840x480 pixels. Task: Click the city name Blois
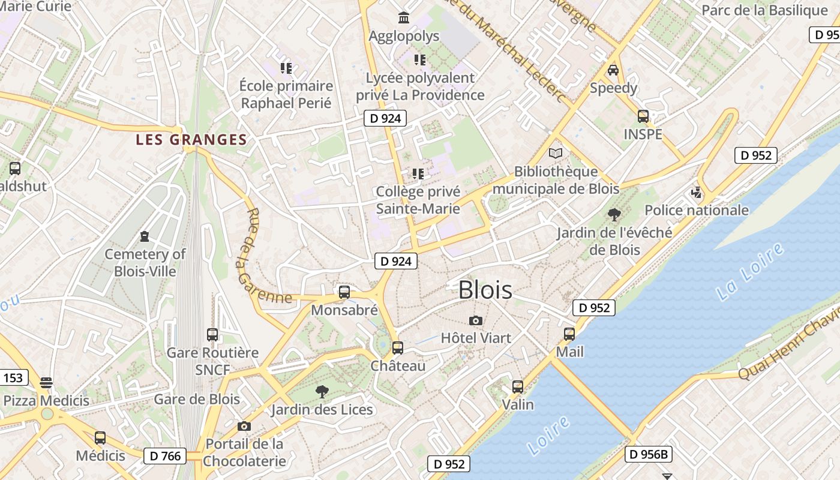pyautogui.click(x=485, y=290)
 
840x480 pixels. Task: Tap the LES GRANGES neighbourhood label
pyautogui.click(x=191, y=140)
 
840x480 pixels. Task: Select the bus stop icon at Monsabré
pyautogui.click(x=344, y=292)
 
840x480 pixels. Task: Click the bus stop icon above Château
pyautogui.click(x=397, y=347)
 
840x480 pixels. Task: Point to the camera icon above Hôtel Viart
pyautogui.click(x=476, y=320)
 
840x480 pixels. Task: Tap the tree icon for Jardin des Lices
pyautogui.click(x=322, y=392)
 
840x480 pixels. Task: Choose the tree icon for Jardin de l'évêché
pyautogui.click(x=614, y=214)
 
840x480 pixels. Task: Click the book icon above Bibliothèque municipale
pyautogui.click(x=556, y=154)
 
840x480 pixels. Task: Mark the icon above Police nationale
pyautogui.click(x=697, y=193)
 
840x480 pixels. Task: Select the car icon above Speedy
pyautogui.click(x=613, y=70)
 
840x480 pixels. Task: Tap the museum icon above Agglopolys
pyautogui.click(x=404, y=18)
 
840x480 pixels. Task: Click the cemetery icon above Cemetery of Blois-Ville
pyautogui.click(x=145, y=236)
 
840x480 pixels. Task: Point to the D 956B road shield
pyautogui.click(x=648, y=454)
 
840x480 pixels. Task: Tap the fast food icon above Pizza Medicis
pyautogui.click(x=46, y=382)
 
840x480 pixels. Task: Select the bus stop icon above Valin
pyautogui.click(x=518, y=386)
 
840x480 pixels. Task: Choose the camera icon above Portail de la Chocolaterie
pyautogui.click(x=244, y=426)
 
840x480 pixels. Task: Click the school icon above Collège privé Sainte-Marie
pyautogui.click(x=418, y=174)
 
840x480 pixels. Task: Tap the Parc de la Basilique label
pyautogui.click(x=764, y=10)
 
